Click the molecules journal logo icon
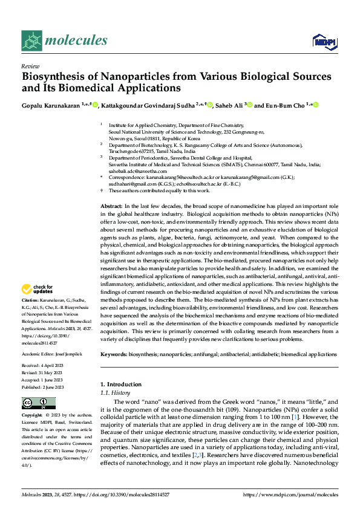point(31,41)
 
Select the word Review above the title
point(30,66)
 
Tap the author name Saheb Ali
point(229,105)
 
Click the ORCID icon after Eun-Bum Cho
point(315,105)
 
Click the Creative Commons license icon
point(34,403)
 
